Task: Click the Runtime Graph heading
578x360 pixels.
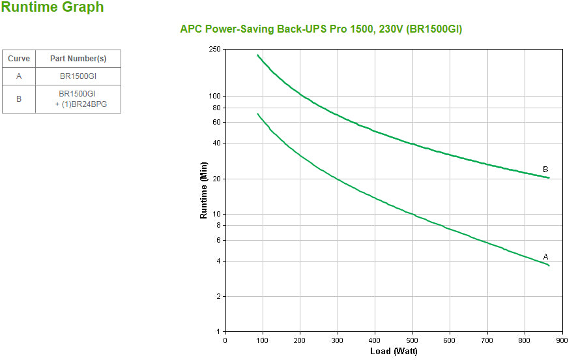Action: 52,8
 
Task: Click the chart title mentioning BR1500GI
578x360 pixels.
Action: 321,29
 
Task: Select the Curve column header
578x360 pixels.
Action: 19,59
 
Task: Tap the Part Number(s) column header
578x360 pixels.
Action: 78,59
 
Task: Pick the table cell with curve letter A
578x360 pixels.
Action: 19,76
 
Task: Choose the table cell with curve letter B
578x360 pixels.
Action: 19,99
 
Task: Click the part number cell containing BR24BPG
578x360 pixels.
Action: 78,99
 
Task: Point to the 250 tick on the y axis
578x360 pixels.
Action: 214,49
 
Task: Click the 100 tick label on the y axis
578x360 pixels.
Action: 214,96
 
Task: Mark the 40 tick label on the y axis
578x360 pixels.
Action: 216,143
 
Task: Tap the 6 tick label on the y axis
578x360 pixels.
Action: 218,240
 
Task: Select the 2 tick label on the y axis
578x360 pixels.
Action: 218,296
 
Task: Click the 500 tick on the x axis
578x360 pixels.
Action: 412,340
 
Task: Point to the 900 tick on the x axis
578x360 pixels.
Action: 562,340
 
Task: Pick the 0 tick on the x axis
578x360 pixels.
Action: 225,340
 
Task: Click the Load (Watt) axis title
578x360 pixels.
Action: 394,352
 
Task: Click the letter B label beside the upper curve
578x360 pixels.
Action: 545,170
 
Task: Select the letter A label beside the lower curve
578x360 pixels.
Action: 545,256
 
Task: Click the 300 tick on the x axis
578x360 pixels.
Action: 338,340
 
